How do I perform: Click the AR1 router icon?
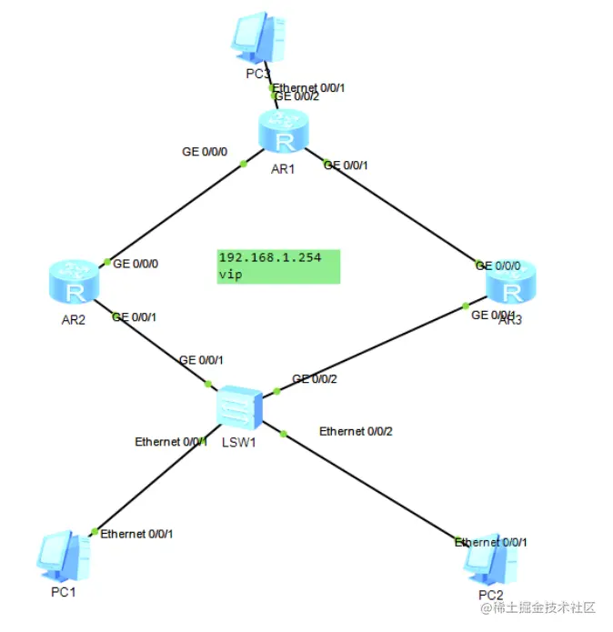(284, 132)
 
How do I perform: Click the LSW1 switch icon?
(240, 406)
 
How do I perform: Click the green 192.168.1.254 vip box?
(278, 266)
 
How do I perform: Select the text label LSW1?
(237, 445)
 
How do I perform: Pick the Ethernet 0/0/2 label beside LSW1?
(356, 431)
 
